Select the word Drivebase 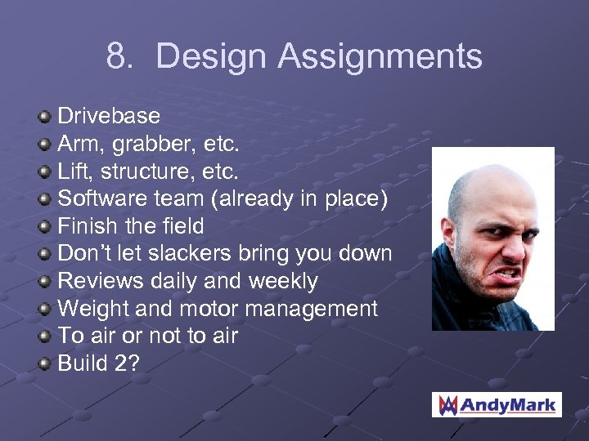coord(108,117)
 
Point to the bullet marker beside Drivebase coord(46,118)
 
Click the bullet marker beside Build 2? coord(46,364)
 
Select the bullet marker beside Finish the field coord(46,227)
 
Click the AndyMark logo coord(497,404)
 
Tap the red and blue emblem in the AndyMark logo coord(447,404)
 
